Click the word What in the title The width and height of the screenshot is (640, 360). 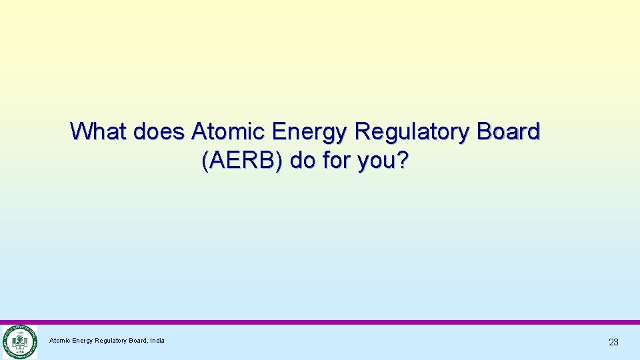tap(99, 131)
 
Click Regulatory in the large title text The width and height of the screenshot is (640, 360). tap(411, 132)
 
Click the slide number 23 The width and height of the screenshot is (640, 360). tap(613, 342)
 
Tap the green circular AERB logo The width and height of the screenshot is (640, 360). tap(19, 342)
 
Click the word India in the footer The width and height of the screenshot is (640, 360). tap(157, 341)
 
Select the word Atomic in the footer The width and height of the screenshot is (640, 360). tap(60, 341)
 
